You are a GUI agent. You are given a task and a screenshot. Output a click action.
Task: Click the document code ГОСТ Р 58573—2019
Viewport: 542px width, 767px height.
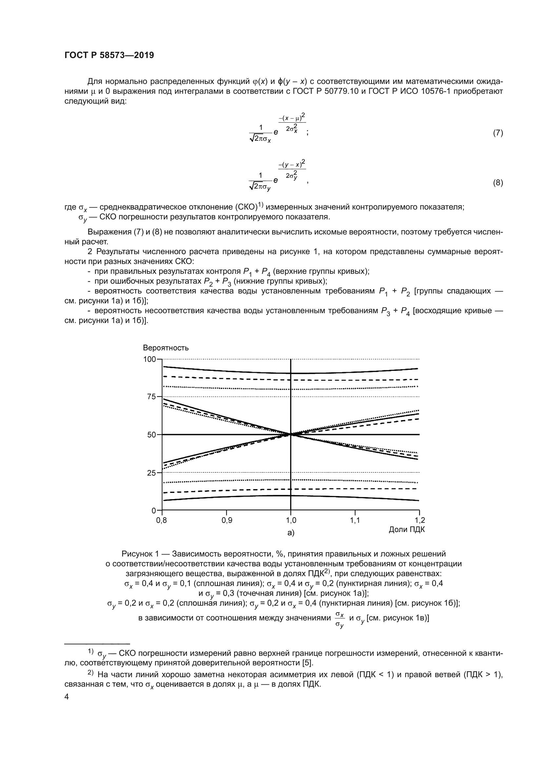pyautogui.click(x=109, y=55)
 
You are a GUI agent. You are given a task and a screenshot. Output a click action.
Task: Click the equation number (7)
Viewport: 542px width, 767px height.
pyautogui.click(x=498, y=133)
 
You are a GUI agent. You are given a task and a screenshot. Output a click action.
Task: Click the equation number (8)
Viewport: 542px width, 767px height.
pyautogui.click(x=498, y=183)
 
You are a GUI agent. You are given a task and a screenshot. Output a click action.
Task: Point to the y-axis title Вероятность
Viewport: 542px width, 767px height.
pyautogui.click(x=165, y=348)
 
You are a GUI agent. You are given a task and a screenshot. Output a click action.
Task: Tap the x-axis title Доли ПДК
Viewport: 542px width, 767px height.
pyautogui.click(x=406, y=530)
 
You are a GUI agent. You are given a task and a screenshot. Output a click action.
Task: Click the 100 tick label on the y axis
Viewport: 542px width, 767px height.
pyautogui.click(x=149, y=359)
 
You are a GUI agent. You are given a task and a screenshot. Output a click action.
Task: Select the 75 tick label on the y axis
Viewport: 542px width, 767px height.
pyautogui.click(x=151, y=397)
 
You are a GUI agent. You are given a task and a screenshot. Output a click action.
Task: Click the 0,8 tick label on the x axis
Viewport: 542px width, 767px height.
pyautogui.click(x=162, y=520)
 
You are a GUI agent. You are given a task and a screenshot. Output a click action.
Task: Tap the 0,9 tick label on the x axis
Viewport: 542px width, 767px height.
pyautogui.click(x=227, y=520)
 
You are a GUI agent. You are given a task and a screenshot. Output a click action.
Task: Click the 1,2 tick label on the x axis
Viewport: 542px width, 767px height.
pyautogui.click(x=419, y=520)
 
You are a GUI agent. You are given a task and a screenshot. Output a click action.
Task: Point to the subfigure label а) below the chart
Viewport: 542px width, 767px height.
pyautogui.click(x=291, y=533)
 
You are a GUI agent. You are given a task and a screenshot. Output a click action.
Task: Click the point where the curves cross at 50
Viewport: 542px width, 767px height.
pyautogui.click(x=291, y=434)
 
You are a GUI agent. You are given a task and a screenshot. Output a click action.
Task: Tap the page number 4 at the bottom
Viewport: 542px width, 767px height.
pyautogui.click(x=67, y=697)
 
